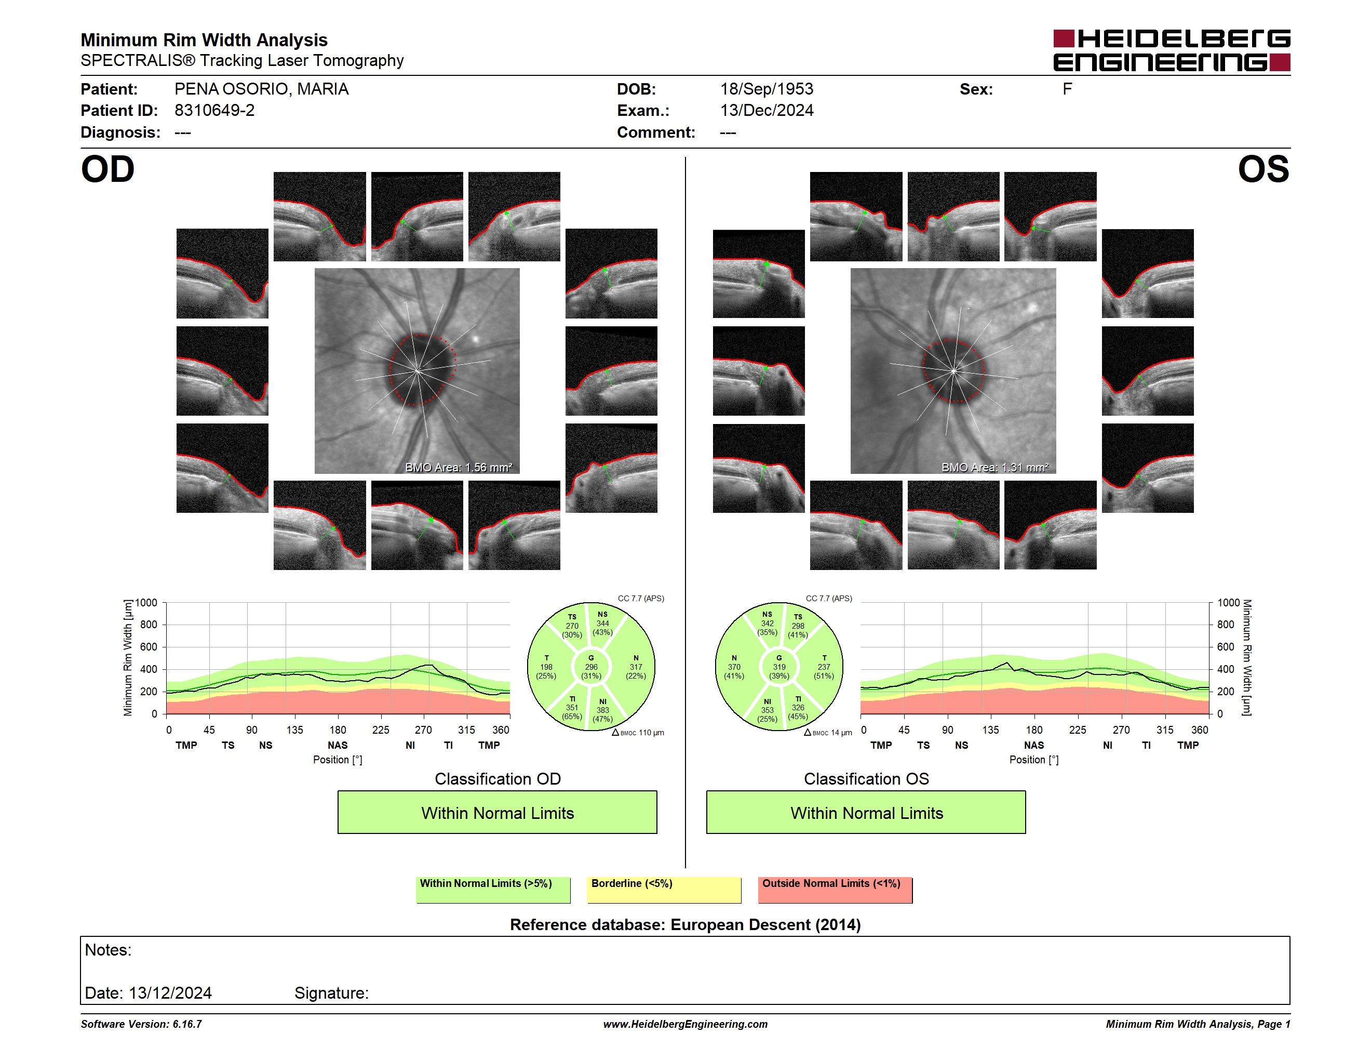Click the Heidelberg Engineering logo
click(1172, 50)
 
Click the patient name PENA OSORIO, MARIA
click(261, 89)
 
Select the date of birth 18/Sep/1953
click(767, 89)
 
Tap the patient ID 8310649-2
click(214, 111)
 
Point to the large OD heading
click(107, 169)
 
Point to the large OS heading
click(1263, 169)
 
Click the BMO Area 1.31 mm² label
click(994, 467)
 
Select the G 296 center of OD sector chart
click(590, 667)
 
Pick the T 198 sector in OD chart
click(546, 667)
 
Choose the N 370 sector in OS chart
click(734, 667)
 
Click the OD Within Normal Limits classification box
click(497, 813)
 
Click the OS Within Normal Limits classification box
click(866, 813)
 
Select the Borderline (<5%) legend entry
click(664, 890)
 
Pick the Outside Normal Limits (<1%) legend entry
click(835, 890)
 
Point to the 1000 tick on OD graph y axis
click(146, 603)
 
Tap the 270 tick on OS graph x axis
click(1121, 730)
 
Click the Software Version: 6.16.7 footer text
click(141, 1024)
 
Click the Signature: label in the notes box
click(331, 993)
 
